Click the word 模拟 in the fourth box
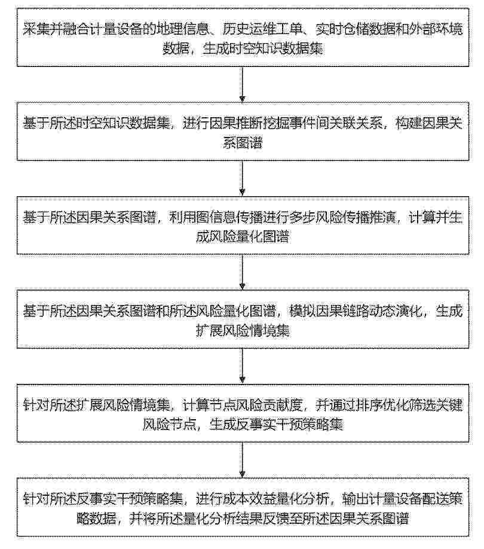(302, 311)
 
